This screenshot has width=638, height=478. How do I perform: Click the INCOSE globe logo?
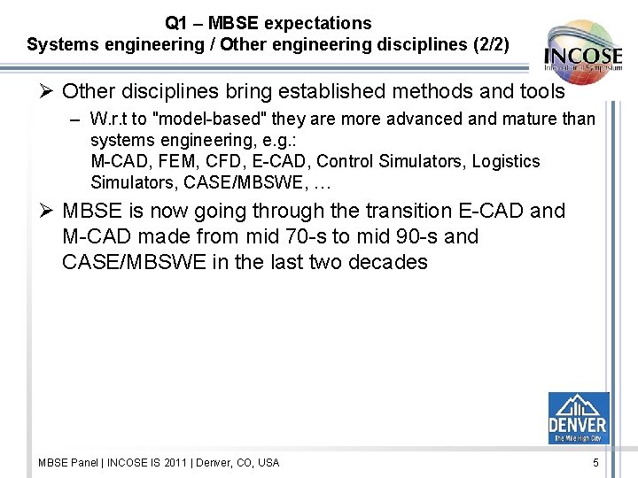(584, 46)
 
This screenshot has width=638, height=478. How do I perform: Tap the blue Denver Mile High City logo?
(579, 418)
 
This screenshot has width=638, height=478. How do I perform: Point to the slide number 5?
(596, 462)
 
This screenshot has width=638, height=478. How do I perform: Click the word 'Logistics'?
(506, 161)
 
